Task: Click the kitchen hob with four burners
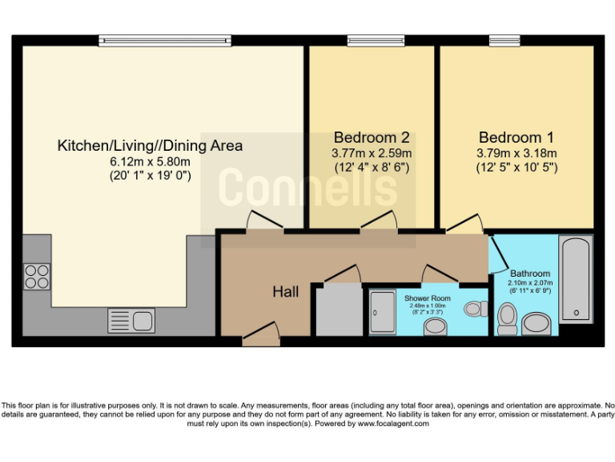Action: (37, 277)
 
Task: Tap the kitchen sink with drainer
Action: (131, 321)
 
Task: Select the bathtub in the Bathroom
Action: (576, 279)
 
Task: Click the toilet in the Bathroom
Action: (507, 318)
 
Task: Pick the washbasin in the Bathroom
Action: (537, 324)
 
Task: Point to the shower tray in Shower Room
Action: (383, 312)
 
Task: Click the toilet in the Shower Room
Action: (476, 309)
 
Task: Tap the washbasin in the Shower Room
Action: (436, 327)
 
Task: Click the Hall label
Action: (286, 292)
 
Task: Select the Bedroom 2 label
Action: (372, 137)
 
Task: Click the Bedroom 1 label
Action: (517, 137)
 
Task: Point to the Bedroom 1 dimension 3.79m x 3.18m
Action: (517, 153)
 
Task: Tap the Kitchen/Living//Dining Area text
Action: (151, 146)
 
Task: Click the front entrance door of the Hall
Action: (261, 334)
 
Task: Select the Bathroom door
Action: (498, 254)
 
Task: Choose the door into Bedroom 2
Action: (379, 221)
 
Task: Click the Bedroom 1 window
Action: (504, 40)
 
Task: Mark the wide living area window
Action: (165, 40)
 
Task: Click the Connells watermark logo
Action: (307, 187)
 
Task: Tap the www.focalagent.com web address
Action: (393, 423)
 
